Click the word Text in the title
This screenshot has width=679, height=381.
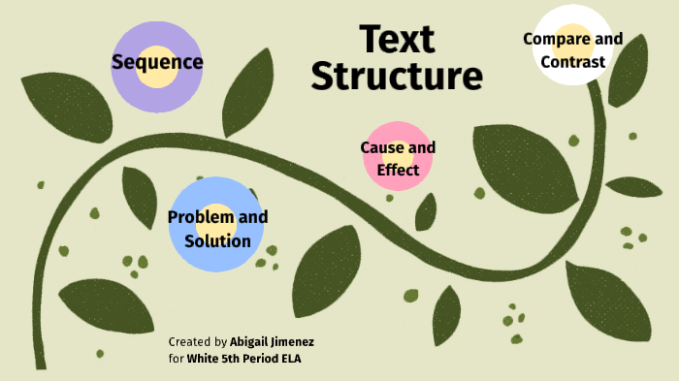[x=398, y=39]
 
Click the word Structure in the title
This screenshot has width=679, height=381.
[x=397, y=76]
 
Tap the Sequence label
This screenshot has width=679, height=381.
[x=157, y=63]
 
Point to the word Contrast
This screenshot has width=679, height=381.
[x=573, y=62]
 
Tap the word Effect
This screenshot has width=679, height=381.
[x=398, y=170]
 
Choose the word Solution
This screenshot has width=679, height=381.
[x=217, y=240]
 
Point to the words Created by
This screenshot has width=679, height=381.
[x=198, y=342]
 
